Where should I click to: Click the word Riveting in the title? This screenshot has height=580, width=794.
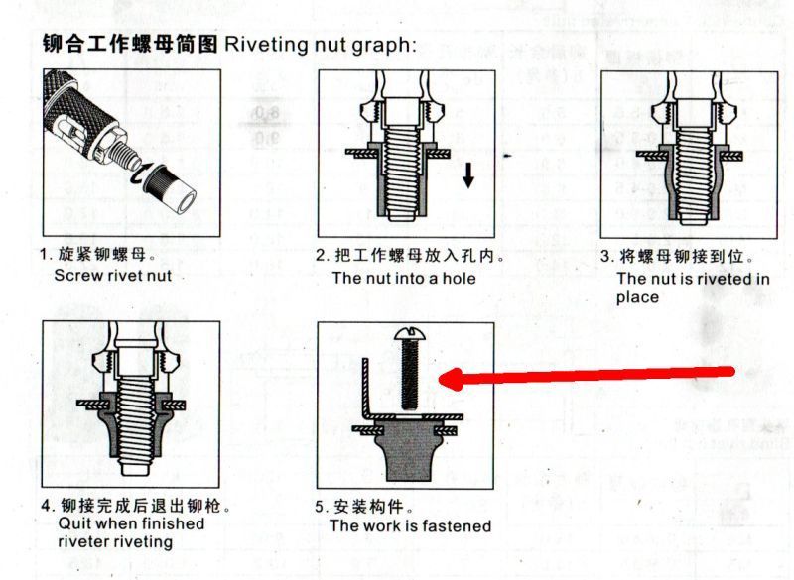coord(266,45)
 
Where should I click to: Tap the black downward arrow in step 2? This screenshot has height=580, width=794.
coord(468,174)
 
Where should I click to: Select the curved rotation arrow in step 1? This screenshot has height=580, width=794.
coord(142,173)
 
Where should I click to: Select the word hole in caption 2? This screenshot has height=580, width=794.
coord(460,279)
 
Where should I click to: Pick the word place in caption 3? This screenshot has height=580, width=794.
coord(637,297)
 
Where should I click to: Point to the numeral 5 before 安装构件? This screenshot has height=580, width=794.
coord(319,507)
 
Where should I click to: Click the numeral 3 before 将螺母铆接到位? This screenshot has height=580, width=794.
coord(605,257)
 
